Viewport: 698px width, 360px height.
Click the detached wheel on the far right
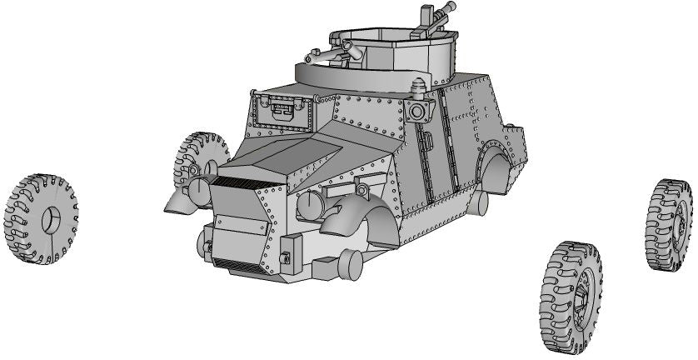(669, 223)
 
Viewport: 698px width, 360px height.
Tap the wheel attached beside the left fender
(202, 163)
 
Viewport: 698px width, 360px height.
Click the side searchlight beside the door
(421, 111)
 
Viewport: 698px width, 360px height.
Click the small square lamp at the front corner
(286, 258)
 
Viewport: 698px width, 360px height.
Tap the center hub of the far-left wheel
(48, 219)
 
